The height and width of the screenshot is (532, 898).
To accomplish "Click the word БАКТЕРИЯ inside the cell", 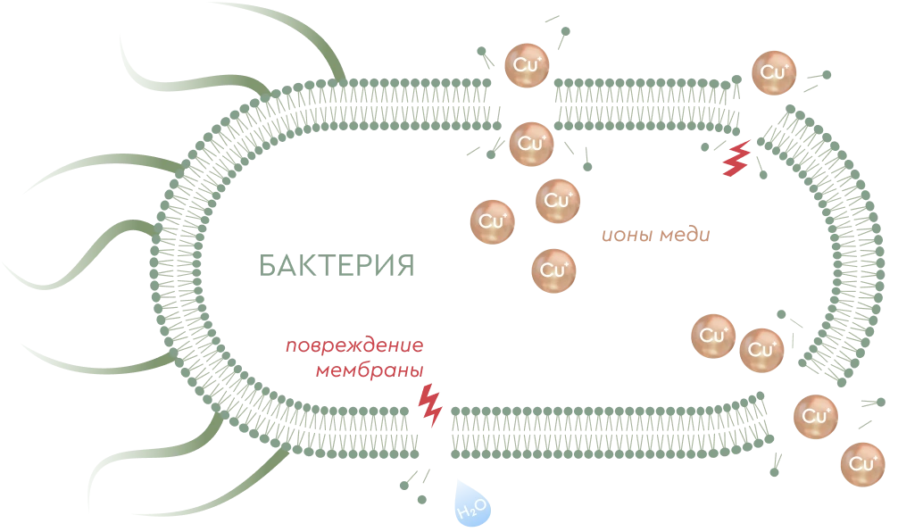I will pyautogui.click(x=336, y=266).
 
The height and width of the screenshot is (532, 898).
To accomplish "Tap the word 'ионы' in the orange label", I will pyautogui.click(x=628, y=236).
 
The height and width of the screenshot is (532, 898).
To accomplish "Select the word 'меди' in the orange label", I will pyautogui.click(x=686, y=236).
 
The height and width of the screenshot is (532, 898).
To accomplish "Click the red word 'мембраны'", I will pyautogui.click(x=367, y=370).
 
